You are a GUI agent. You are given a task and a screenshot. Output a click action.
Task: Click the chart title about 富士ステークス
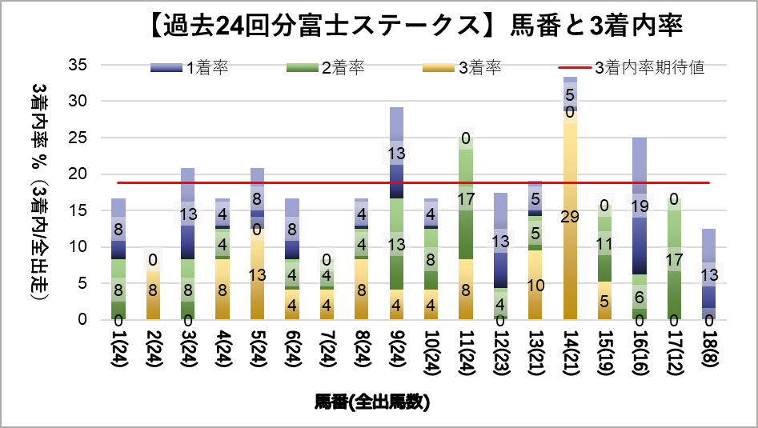tap(415, 26)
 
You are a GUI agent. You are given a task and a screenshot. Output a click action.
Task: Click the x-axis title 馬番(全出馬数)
tap(372, 402)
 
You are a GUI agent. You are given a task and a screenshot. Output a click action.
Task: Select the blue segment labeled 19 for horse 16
tap(640, 206)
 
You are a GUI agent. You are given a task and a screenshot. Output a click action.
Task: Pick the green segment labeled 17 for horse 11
tap(466, 198)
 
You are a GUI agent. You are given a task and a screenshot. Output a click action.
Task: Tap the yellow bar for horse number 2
tap(153, 295)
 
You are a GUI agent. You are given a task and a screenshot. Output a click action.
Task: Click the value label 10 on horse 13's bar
tap(535, 285)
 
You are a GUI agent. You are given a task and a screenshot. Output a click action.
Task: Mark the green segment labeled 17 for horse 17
tap(674, 258)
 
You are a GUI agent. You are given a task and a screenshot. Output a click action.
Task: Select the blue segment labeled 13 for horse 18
tap(709, 274)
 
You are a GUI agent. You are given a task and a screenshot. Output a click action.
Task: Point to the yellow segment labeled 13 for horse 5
tap(258, 275)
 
